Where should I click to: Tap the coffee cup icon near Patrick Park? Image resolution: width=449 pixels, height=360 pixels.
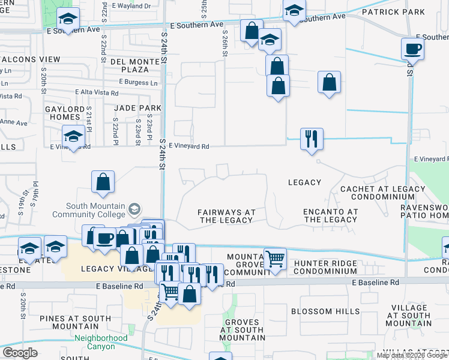point(413,49)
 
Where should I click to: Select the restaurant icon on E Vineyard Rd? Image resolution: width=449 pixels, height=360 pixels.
point(312,139)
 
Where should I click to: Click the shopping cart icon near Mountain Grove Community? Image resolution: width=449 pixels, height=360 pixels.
point(275,260)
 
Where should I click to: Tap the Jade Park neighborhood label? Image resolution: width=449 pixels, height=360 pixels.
point(137,108)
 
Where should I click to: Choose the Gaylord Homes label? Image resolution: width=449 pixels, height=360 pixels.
point(65,113)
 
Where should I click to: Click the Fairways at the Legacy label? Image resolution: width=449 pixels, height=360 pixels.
point(226,217)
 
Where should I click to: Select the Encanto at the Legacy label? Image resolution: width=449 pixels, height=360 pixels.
point(331,216)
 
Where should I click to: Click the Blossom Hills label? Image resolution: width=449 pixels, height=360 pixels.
point(325,311)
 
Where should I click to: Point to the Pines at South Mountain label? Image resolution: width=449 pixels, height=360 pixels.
point(67,322)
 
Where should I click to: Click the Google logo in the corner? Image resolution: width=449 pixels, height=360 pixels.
point(20,353)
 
